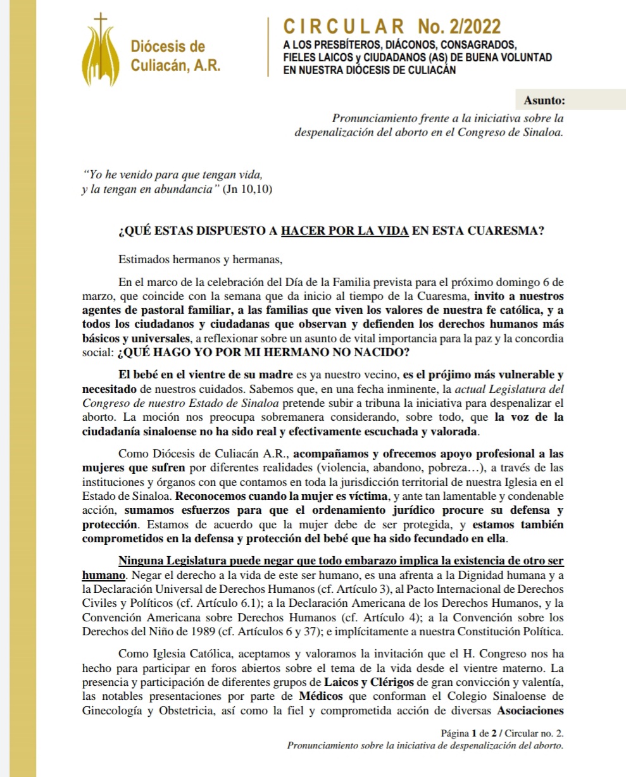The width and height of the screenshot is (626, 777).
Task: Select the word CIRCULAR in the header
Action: (344, 27)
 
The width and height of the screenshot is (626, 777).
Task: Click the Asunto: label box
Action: (544, 101)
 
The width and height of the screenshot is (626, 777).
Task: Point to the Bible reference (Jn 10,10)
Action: (248, 189)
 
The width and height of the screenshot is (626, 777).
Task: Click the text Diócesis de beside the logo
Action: (167, 47)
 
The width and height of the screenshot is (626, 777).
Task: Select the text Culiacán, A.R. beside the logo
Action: (175, 65)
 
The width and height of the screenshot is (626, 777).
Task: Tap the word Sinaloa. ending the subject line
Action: (544, 132)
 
